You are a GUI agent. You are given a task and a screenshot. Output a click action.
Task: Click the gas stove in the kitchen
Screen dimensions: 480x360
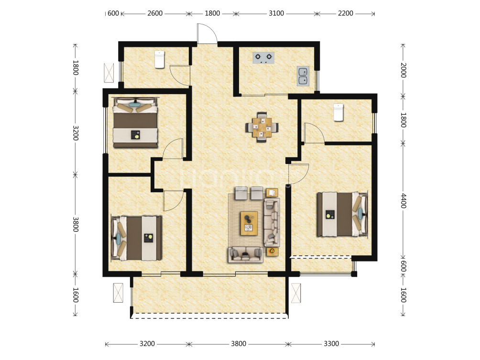click(x=263, y=57)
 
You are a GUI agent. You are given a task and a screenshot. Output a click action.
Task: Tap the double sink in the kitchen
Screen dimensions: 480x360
click(x=303, y=76)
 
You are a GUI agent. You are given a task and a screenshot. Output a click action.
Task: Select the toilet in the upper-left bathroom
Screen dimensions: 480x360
click(x=160, y=59)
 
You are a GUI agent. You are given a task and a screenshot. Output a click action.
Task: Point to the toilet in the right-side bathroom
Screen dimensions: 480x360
click(x=338, y=112)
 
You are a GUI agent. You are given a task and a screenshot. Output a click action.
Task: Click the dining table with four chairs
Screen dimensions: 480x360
click(x=262, y=127)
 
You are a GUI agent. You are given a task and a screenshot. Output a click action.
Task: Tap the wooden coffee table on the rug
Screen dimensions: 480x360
click(x=249, y=223)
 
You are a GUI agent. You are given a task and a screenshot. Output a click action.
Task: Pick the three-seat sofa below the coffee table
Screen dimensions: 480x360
click(x=245, y=255)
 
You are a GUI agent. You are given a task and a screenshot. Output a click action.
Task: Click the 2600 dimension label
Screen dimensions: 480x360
click(x=155, y=13)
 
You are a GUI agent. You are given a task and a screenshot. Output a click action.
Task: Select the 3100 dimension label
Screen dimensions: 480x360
click(x=276, y=13)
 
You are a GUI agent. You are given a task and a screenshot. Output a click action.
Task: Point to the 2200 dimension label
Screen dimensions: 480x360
click(x=345, y=13)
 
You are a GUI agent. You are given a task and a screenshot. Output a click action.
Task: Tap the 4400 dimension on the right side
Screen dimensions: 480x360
click(x=404, y=200)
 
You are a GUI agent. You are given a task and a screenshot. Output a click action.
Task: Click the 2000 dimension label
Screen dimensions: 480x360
click(x=404, y=70)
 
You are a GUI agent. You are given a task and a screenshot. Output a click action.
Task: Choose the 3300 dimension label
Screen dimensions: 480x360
click(x=331, y=343)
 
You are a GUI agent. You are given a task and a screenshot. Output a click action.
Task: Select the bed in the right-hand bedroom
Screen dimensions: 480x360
click(x=342, y=214)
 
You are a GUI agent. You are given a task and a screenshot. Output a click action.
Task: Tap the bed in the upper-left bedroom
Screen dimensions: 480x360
click(x=135, y=122)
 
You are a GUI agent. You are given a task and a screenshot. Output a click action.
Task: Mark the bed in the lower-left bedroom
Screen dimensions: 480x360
click(x=137, y=238)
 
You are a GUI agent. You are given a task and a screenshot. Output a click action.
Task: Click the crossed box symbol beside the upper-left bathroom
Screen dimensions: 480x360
click(x=109, y=73)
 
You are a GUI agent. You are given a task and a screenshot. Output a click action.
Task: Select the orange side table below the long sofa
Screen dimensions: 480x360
click(x=272, y=251)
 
